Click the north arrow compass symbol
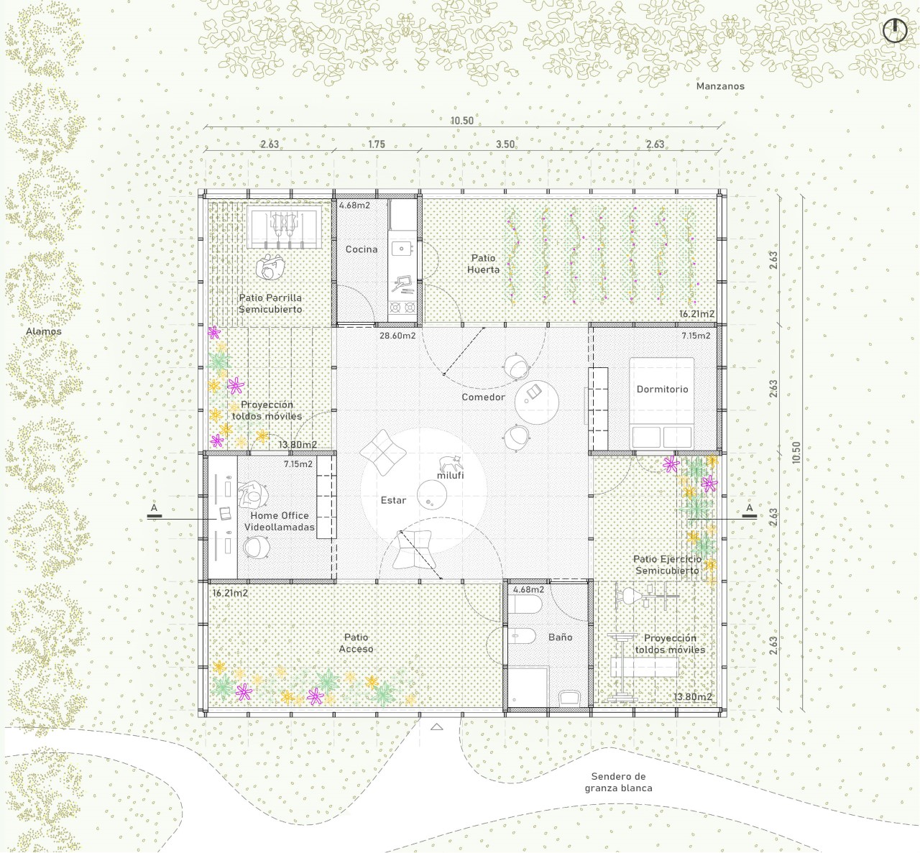point(895,31)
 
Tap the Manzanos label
point(720,86)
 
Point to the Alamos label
point(44,331)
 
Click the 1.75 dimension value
point(376,144)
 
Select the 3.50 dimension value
point(505,144)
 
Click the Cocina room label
point(362,249)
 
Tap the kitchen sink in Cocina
point(402,249)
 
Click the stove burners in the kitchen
point(402,307)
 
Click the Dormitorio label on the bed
point(662,389)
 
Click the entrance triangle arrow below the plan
point(436,727)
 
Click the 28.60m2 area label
point(397,336)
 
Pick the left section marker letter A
point(155,508)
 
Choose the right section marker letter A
point(749,508)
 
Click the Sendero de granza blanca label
point(618,782)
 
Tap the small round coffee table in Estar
point(432,495)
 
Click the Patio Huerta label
point(483,264)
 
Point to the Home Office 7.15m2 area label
point(298,464)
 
